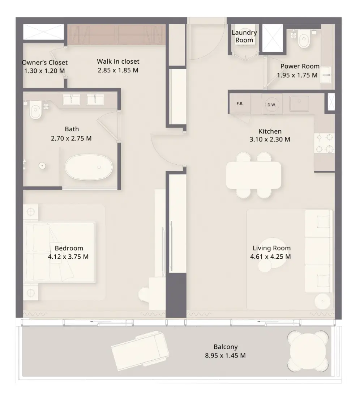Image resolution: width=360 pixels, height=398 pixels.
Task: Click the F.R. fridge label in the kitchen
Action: click(240, 103)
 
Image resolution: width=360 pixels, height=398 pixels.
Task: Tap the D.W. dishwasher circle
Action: click(272, 105)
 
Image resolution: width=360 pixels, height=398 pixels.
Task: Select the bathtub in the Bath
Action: click(89, 167)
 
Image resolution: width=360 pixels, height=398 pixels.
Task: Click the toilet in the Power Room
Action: click(304, 38)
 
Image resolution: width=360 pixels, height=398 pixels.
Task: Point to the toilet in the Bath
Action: click(35, 109)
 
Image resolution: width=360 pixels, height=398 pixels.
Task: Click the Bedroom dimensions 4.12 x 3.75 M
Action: click(68, 257)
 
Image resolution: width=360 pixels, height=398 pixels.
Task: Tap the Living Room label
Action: click(271, 248)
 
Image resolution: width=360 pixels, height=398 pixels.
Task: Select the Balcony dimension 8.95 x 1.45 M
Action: click(226, 355)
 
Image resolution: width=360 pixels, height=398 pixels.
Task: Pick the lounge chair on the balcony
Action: click(140, 351)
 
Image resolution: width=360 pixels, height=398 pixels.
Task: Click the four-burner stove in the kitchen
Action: click(324, 143)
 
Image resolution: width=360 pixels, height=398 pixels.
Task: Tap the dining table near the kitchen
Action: click(253, 175)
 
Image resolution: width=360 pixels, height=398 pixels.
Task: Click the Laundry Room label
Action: click(244, 36)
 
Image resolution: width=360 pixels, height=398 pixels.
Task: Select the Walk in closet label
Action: click(118, 62)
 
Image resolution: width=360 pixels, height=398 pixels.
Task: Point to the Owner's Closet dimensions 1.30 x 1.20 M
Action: click(44, 71)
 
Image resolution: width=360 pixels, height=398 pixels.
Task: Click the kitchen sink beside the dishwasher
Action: click(299, 103)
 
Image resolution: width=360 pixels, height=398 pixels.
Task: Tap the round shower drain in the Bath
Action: click(42, 166)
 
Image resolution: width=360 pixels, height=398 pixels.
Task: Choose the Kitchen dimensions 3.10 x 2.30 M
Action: click(270, 139)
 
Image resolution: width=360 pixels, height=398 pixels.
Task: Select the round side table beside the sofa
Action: click(322, 301)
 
